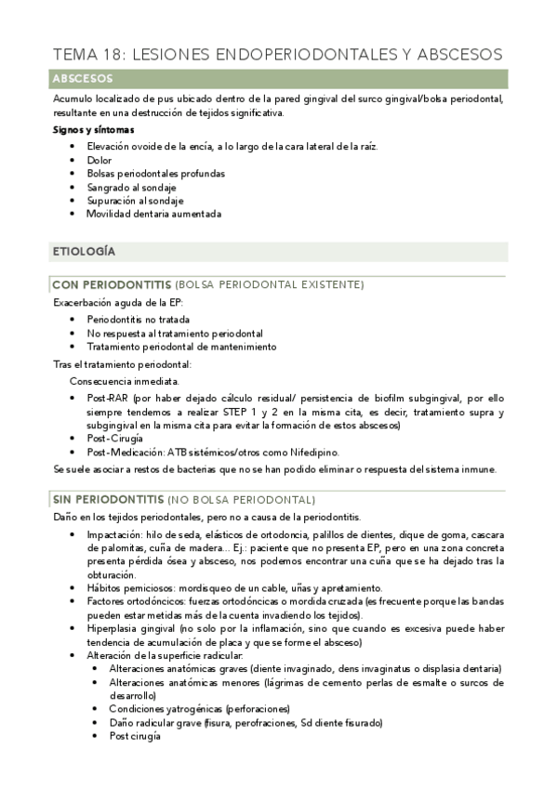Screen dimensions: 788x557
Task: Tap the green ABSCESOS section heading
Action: [x=83, y=79]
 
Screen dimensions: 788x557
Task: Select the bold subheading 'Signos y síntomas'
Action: [x=93, y=130]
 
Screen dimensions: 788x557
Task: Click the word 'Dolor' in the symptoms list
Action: [x=99, y=160]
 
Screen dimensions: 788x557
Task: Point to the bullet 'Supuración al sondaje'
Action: [x=135, y=200]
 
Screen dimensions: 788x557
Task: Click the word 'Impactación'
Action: [x=114, y=534]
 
